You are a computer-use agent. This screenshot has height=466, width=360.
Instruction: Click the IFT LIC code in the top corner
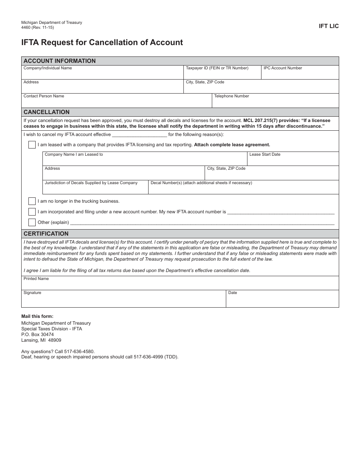329,26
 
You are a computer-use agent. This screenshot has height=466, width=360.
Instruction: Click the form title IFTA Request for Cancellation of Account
102,42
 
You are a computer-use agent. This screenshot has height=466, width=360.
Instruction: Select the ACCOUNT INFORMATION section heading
59,61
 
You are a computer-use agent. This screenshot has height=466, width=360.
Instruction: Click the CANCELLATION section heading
47,112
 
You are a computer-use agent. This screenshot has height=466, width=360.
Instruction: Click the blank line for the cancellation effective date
139,134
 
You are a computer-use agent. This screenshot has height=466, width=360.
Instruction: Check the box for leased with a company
32,145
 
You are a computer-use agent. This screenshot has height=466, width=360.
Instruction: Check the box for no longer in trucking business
32,201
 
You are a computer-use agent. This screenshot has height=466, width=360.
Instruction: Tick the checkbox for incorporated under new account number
32,212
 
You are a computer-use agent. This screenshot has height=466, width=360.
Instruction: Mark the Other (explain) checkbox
32,222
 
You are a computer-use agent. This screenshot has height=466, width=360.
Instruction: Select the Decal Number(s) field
243,188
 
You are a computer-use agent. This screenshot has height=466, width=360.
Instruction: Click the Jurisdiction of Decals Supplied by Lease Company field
95,188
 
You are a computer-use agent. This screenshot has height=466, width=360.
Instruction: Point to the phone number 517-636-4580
81,352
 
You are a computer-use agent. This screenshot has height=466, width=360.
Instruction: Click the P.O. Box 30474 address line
38,335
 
